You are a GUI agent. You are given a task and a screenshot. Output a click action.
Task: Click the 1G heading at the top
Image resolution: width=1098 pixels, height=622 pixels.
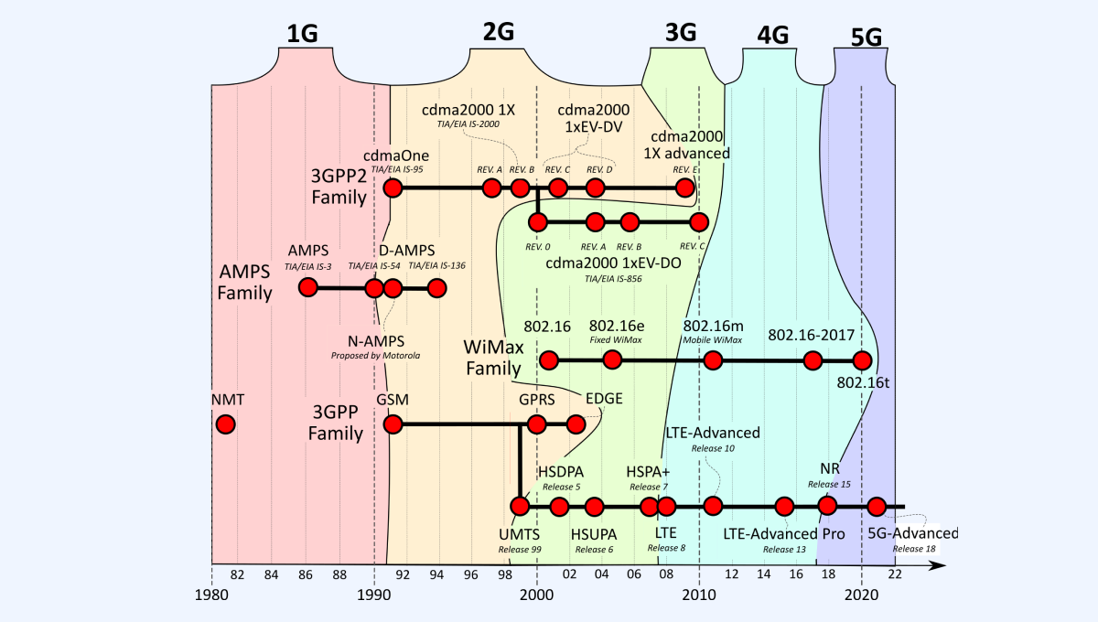(x=302, y=34)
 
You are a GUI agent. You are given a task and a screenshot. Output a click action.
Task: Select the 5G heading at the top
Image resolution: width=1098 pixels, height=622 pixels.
(x=866, y=37)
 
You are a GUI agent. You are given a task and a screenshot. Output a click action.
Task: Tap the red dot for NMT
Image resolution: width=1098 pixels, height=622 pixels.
(x=225, y=424)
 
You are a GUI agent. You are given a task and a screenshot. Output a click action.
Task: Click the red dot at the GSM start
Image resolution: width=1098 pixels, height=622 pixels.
(x=393, y=424)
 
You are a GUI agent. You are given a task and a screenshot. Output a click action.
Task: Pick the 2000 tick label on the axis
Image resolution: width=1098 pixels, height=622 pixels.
(x=536, y=593)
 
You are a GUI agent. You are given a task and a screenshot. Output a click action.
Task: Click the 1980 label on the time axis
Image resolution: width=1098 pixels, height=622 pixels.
(x=211, y=593)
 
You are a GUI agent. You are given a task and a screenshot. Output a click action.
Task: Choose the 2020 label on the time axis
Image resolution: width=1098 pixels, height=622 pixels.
(x=861, y=593)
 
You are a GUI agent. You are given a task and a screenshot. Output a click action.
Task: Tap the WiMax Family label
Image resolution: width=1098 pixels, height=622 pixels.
(x=494, y=358)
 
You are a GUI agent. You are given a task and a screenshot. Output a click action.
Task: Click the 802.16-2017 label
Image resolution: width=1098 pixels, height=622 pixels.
(x=812, y=335)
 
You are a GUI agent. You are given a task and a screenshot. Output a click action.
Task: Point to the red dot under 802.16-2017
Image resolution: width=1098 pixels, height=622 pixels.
(x=812, y=360)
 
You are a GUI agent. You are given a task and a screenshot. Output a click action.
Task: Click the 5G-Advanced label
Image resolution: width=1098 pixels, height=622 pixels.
(x=912, y=533)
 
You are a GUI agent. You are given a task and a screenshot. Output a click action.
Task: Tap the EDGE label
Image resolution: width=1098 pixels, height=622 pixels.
(x=604, y=399)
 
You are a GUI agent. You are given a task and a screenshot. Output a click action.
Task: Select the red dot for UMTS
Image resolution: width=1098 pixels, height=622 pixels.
(x=520, y=506)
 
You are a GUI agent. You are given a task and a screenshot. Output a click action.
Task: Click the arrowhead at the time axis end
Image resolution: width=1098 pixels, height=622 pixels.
(x=938, y=564)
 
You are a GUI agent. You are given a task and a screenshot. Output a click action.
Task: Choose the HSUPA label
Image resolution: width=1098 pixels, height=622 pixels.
(x=594, y=533)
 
